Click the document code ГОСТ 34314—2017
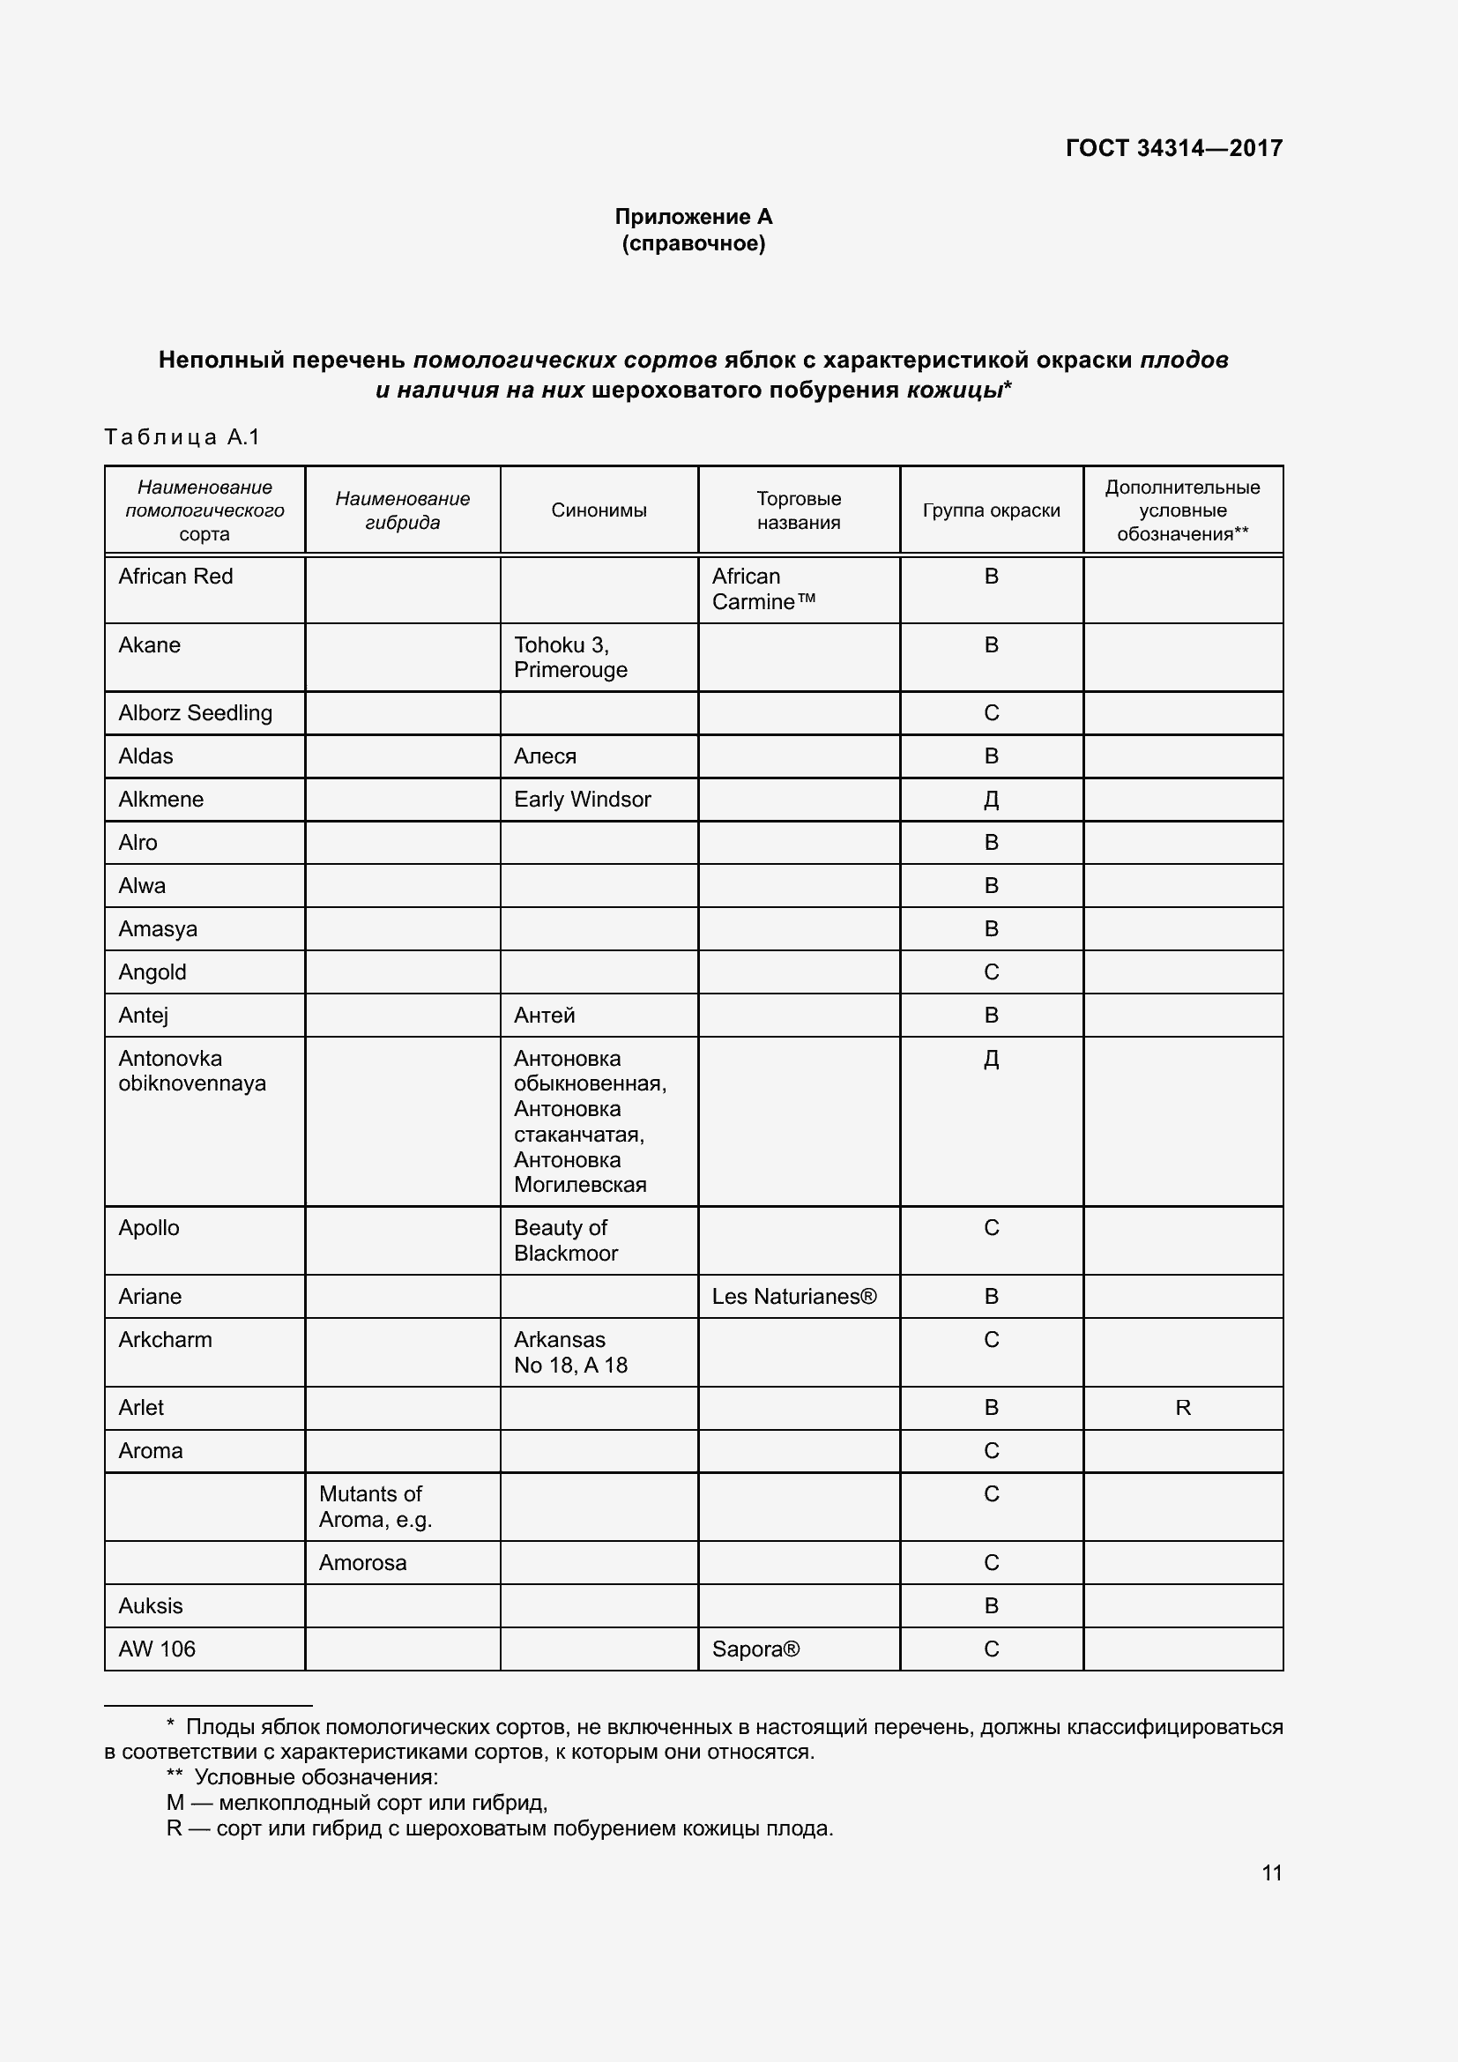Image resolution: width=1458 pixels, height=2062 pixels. point(1173,148)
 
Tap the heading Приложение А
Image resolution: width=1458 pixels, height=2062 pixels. point(693,217)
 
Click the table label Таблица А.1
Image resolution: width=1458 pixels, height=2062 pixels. point(182,437)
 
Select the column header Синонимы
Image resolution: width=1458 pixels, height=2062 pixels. point(599,510)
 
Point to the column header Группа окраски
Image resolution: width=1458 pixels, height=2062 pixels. point(991,510)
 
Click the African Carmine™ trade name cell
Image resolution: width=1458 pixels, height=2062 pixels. point(763,589)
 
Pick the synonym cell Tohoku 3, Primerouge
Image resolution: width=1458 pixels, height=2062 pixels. point(570,658)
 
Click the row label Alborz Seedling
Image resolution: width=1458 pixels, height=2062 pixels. point(195,713)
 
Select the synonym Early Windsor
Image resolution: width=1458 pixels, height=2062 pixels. point(582,800)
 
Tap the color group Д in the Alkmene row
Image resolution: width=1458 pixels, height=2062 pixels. point(991,800)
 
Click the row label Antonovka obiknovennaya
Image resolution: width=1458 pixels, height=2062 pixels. point(192,1070)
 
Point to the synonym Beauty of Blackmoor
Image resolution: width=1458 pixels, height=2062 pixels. point(566,1240)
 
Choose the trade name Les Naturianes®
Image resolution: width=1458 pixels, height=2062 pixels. point(793,1297)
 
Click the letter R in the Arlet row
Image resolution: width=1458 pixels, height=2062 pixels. point(1182,1408)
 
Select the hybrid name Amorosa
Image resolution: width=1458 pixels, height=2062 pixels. point(362,1563)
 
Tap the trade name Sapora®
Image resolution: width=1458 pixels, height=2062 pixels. point(755,1649)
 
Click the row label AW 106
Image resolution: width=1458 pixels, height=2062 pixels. point(157,1649)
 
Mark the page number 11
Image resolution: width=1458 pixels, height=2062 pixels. point(1271,1872)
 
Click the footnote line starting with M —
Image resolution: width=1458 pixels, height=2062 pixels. point(356,1803)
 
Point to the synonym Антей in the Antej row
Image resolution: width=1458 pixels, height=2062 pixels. point(544,1015)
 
